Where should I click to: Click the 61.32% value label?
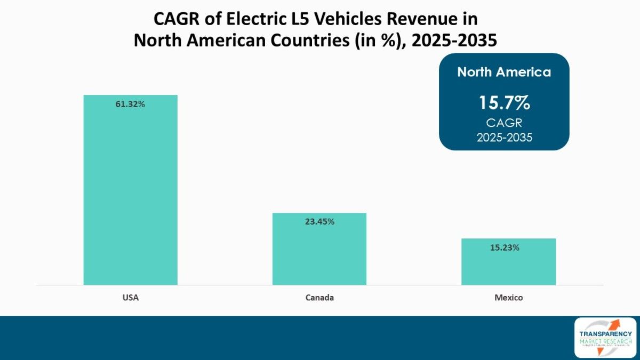click(x=130, y=104)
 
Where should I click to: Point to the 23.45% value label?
click(x=319, y=222)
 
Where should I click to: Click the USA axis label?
click(x=130, y=298)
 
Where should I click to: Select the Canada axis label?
click(x=319, y=298)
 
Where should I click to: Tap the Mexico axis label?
click(x=508, y=298)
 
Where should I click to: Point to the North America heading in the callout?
click(x=504, y=73)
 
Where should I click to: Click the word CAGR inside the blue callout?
click(x=504, y=123)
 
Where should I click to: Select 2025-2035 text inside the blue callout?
click(x=504, y=137)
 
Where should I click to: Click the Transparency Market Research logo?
click(x=605, y=338)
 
